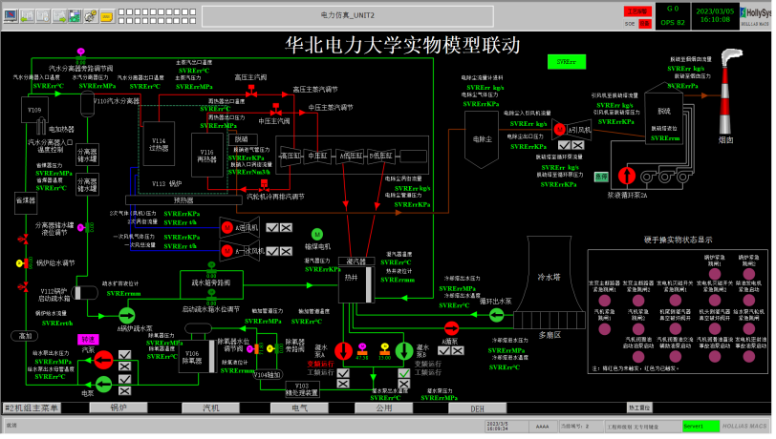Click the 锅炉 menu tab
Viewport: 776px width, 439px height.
coord(119,408)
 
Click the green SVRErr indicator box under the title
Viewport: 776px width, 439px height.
coord(566,62)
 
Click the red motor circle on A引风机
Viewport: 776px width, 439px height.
coord(561,129)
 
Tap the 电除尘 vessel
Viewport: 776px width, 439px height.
coord(481,136)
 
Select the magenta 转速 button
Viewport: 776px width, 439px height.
coord(88,338)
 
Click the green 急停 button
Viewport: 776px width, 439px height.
coord(601,176)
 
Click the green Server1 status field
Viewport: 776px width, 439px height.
coord(701,426)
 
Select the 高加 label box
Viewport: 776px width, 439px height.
coord(21,336)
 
